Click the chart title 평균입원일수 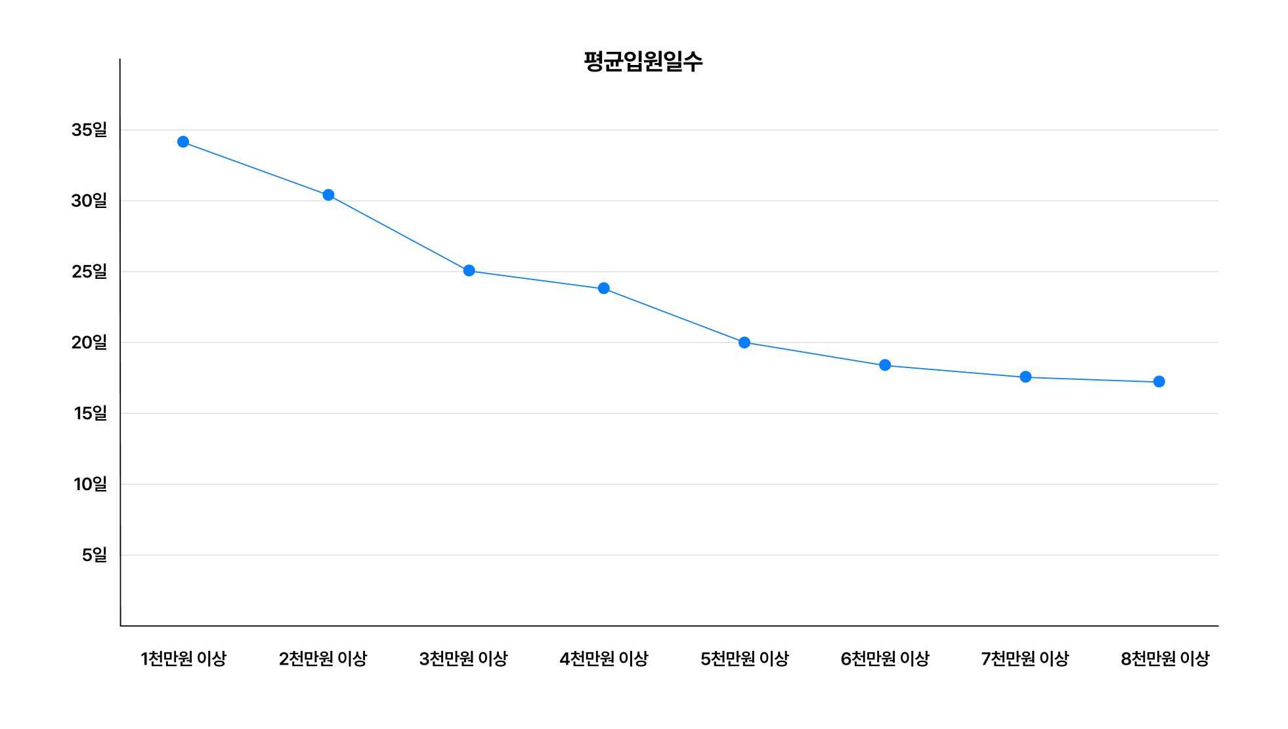coord(643,62)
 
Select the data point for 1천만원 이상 coord(183,142)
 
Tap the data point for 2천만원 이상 coord(328,195)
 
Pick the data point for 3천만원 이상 coord(469,270)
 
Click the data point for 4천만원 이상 coord(604,288)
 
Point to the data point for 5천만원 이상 coord(744,343)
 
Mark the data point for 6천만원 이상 coord(885,365)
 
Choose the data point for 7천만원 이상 coord(1025,377)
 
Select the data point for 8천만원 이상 coord(1159,381)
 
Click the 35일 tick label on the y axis coord(89,130)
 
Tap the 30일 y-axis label coord(89,201)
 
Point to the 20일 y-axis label coord(89,343)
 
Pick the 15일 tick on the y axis coord(91,413)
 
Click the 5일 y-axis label coord(95,555)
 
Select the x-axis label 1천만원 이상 coord(183,658)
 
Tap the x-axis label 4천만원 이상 coord(604,658)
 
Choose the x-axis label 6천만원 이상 coord(885,658)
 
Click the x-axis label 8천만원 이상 coord(1165,658)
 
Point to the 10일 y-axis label coord(91,484)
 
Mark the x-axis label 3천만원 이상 coord(463,658)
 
